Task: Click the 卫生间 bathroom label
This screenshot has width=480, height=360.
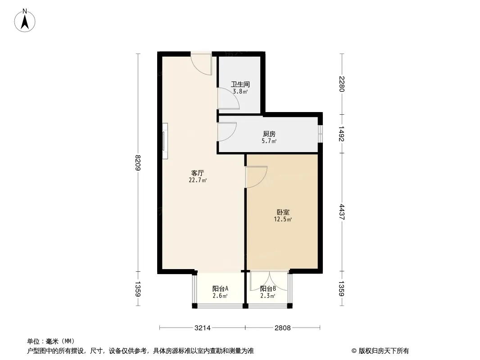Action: [240, 84]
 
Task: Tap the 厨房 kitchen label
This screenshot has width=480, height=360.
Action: [269, 134]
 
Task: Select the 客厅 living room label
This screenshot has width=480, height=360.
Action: [198, 173]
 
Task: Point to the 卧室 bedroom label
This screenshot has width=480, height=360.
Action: [283, 212]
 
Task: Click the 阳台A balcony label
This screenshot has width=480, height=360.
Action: [220, 288]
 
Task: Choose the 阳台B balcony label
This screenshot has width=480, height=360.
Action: [268, 288]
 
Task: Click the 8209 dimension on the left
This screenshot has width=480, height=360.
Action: [138, 163]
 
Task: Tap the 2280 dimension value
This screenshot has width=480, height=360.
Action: [342, 84]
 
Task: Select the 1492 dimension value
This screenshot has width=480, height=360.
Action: [342, 134]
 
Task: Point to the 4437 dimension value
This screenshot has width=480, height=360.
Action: [342, 212]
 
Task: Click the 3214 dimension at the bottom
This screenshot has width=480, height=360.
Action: [203, 328]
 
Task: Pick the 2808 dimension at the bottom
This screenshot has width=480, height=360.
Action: [282, 328]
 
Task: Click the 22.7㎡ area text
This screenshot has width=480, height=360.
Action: [198, 180]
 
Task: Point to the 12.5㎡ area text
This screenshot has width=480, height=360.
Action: [283, 219]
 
